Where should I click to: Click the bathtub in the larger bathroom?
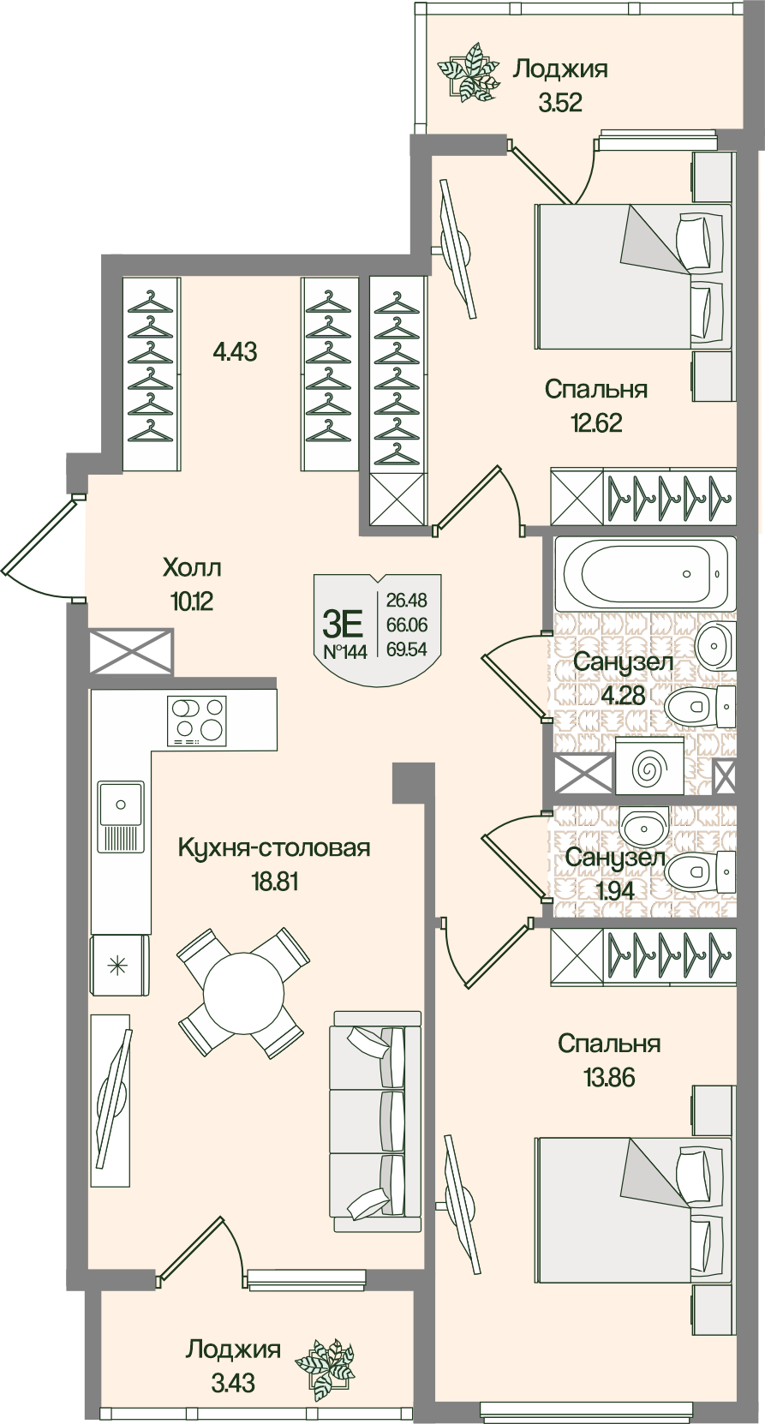click(645, 574)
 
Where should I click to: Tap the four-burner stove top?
click(199, 720)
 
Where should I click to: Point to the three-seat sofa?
click(376, 1122)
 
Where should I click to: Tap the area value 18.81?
click(273, 882)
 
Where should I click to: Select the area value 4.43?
click(236, 351)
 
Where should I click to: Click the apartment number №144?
click(344, 652)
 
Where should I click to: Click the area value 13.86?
click(609, 1077)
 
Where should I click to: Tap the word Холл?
click(192, 567)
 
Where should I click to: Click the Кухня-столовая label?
click(274, 847)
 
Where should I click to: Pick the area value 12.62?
click(595, 422)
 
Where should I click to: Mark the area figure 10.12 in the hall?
click(191, 601)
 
